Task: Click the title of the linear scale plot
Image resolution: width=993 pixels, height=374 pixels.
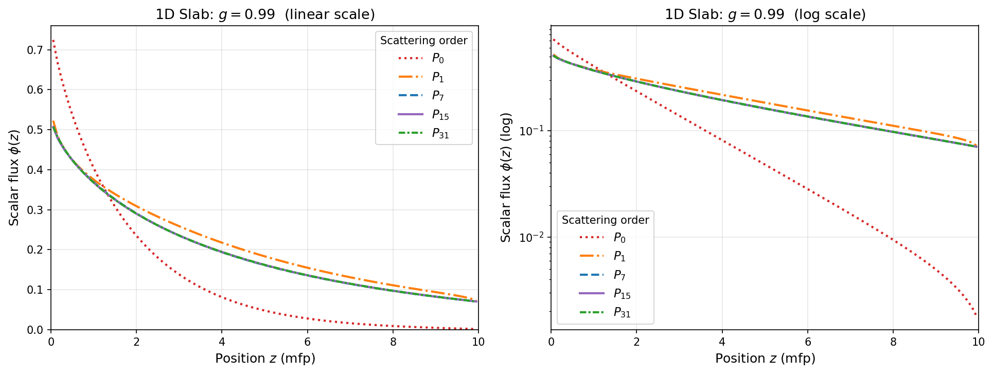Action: pyautogui.click(x=265, y=14)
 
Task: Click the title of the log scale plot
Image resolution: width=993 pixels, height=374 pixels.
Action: pyautogui.click(x=765, y=14)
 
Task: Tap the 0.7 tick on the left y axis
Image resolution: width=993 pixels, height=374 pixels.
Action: pyautogui.click(x=36, y=50)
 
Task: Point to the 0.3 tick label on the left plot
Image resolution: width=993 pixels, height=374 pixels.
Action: pyautogui.click(x=36, y=210)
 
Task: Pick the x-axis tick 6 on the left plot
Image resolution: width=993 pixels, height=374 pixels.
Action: pyautogui.click(x=308, y=342)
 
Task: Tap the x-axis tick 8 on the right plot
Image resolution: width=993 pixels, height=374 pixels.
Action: pyautogui.click(x=893, y=342)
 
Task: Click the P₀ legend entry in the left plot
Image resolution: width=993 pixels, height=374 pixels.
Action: pyautogui.click(x=437, y=59)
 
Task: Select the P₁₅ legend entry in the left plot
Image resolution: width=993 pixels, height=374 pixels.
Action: pyautogui.click(x=440, y=115)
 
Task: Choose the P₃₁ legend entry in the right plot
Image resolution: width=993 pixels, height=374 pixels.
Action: pyautogui.click(x=622, y=313)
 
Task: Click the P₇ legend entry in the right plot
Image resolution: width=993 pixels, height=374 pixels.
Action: pyautogui.click(x=619, y=275)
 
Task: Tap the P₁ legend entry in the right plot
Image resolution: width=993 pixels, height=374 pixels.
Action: pyautogui.click(x=619, y=256)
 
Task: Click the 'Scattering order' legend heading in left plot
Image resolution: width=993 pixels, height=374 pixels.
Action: pyautogui.click(x=423, y=41)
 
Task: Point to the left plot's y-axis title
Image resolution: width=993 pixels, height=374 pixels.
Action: pyautogui.click(x=14, y=177)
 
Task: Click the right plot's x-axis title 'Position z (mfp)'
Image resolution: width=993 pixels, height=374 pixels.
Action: pyautogui.click(x=765, y=359)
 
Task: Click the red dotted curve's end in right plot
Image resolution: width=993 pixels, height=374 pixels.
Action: pyautogui.click(x=976, y=314)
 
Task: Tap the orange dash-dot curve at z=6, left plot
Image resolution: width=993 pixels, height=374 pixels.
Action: pyautogui.click(x=308, y=268)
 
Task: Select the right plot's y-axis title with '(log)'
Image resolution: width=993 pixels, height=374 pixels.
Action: pyautogui.click(x=506, y=177)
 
